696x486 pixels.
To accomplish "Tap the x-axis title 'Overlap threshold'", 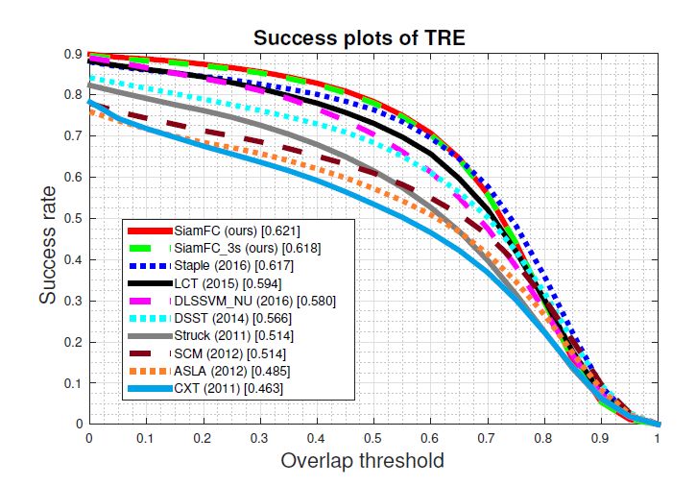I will click(x=362, y=462).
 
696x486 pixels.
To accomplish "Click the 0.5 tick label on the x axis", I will click(x=373, y=437).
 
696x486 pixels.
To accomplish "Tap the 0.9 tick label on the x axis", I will click(x=601, y=437).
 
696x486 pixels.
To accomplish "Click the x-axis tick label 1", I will click(x=658, y=437).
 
